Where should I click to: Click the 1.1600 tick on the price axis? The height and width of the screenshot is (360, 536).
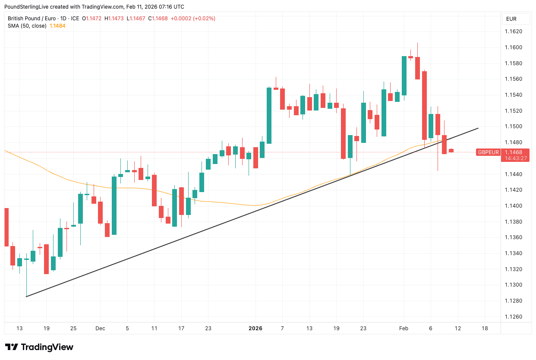click(x=514, y=47)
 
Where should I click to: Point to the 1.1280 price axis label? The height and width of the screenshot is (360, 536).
click(x=514, y=301)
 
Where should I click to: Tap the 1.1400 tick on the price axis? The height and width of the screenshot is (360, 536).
click(x=514, y=206)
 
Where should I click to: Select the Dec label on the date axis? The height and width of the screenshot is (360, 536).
click(x=100, y=328)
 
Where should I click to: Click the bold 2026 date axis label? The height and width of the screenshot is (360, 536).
click(x=255, y=328)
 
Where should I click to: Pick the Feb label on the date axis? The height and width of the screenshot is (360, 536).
click(x=404, y=328)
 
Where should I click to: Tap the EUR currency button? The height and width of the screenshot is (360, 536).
click(x=511, y=19)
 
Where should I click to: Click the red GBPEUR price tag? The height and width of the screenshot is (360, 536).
click(x=488, y=152)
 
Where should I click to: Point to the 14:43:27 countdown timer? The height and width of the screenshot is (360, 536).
click(x=514, y=158)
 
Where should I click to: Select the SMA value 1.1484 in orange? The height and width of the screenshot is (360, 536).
click(x=58, y=26)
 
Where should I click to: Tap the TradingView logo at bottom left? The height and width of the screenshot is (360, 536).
click(x=39, y=347)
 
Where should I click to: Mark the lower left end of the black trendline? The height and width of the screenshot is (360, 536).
click(x=26, y=297)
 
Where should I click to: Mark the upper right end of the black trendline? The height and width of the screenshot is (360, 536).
click(x=478, y=128)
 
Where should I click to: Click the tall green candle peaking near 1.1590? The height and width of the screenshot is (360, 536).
click(x=404, y=76)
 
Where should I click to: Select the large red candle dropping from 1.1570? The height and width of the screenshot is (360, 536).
click(x=425, y=105)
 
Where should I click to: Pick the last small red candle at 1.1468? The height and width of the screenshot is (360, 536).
click(x=451, y=151)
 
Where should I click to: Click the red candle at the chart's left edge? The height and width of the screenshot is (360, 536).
click(x=6, y=227)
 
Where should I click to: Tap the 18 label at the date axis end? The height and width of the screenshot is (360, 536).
click(x=485, y=328)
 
